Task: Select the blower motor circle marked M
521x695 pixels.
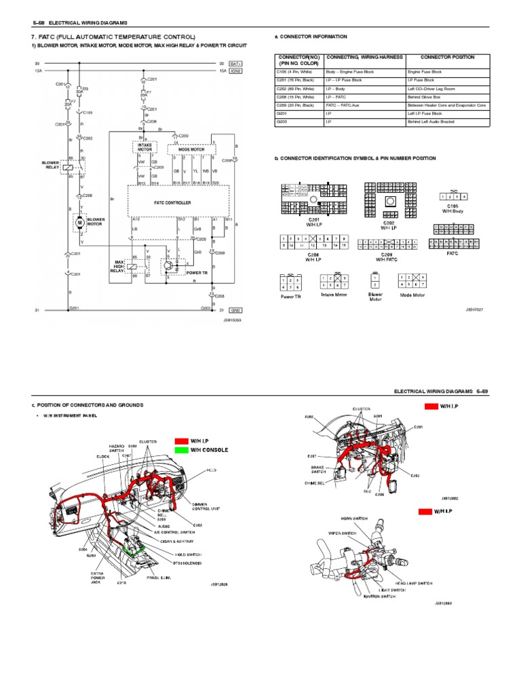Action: [79, 222]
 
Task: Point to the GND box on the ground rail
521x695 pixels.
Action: [236, 310]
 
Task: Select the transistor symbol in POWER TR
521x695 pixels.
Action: [170, 266]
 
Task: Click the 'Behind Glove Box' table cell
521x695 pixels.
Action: [425, 97]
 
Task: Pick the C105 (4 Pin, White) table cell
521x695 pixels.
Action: [298, 71]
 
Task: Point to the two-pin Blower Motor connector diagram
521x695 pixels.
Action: [375, 281]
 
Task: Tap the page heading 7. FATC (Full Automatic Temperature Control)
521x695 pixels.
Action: [113, 37]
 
